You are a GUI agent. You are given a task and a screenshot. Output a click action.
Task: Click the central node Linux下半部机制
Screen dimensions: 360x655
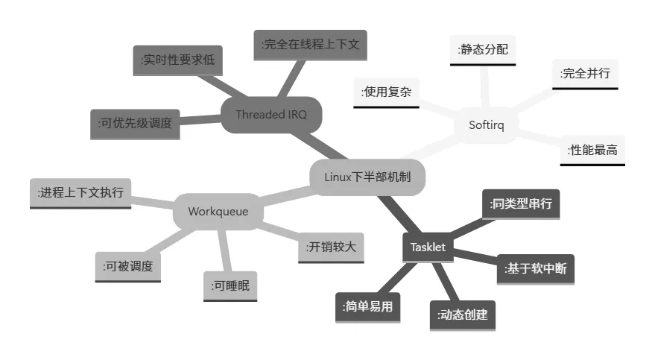pyautogui.click(x=367, y=177)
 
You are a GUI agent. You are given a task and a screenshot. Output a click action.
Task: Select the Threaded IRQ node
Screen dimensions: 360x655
pyautogui.click(x=270, y=115)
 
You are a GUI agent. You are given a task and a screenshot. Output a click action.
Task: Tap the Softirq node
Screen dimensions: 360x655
pyautogui.click(x=487, y=125)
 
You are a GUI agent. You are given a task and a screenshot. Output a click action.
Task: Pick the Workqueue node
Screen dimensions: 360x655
pyautogui.click(x=219, y=212)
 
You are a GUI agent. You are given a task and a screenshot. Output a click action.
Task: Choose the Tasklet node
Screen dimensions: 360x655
pyautogui.click(x=428, y=247)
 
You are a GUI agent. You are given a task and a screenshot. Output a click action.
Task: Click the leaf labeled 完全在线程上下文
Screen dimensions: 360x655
pyautogui.click(x=311, y=45)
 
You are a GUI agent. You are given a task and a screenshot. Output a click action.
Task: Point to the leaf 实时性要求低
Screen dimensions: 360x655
pyautogui.click(x=178, y=60)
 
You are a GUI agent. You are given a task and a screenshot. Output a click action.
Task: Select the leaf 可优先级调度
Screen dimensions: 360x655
pyautogui.click(x=135, y=124)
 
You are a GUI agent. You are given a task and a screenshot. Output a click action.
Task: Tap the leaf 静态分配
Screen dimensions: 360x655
pyautogui.click(x=483, y=51)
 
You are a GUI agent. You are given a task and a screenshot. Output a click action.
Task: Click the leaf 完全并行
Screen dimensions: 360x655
pyautogui.click(x=585, y=75)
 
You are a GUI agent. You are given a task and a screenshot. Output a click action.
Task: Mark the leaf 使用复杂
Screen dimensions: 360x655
pyautogui.click(x=386, y=92)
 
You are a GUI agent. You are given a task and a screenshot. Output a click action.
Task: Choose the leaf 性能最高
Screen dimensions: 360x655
pyautogui.click(x=592, y=150)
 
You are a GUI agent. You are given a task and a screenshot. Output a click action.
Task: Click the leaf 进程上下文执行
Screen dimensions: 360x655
pyautogui.click(x=81, y=193)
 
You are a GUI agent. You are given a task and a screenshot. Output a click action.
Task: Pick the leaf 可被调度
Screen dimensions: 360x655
pyautogui.click(x=127, y=266)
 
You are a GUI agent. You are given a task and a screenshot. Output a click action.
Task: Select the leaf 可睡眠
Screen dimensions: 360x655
pyautogui.click(x=230, y=286)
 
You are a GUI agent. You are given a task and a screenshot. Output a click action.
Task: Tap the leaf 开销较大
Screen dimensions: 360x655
pyautogui.click(x=332, y=247)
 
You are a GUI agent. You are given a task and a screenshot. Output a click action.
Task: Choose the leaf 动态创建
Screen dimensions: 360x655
pyautogui.click(x=462, y=315)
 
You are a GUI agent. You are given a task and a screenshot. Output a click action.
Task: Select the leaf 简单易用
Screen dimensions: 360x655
pyautogui.click(x=367, y=306)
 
